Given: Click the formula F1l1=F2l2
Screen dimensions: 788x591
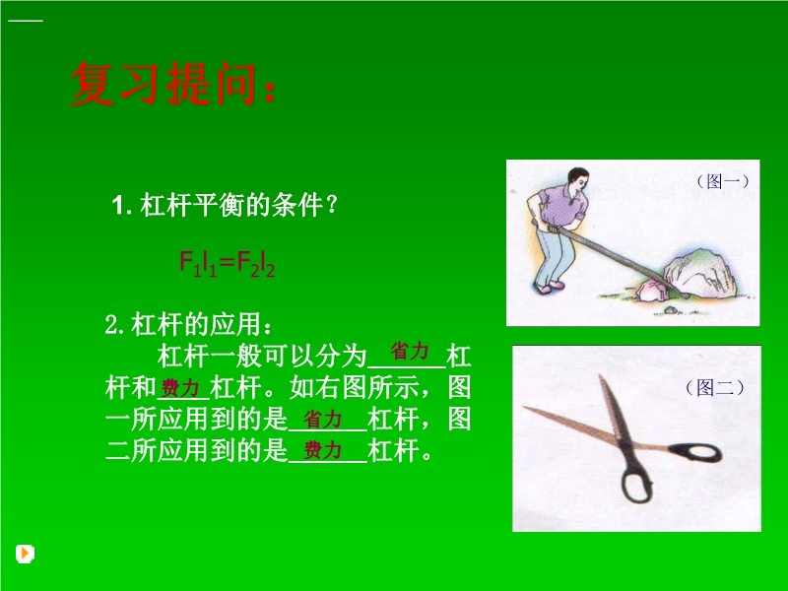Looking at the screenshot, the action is pyautogui.click(x=228, y=264).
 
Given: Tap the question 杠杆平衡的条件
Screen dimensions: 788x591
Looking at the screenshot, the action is pyautogui.click(x=225, y=205).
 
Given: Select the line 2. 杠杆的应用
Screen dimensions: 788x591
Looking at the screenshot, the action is pyautogui.click(x=188, y=325).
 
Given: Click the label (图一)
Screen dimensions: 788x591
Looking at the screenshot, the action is pyautogui.click(x=723, y=181).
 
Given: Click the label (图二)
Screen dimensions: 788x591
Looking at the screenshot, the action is pyautogui.click(x=714, y=387).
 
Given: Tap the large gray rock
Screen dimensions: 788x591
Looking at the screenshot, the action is pyautogui.click(x=701, y=273).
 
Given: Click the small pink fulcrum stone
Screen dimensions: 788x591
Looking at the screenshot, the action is pyautogui.click(x=651, y=290).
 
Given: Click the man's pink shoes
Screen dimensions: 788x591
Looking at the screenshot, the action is pyautogui.click(x=549, y=288).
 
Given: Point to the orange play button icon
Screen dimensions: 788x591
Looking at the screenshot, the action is pyautogui.click(x=25, y=554).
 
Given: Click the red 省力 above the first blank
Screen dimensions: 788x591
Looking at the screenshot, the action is pyautogui.click(x=409, y=351).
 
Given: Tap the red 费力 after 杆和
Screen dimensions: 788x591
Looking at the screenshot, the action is pyautogui.click(x=180, y=388).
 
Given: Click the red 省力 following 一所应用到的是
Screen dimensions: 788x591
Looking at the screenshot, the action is pyautogui.click(x=323, y=420).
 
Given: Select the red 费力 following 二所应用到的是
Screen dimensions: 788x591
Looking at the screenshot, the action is pyautogui.click(x=323, y=450).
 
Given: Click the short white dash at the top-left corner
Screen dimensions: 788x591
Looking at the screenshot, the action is pyautogui.click(x=26, y=21).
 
